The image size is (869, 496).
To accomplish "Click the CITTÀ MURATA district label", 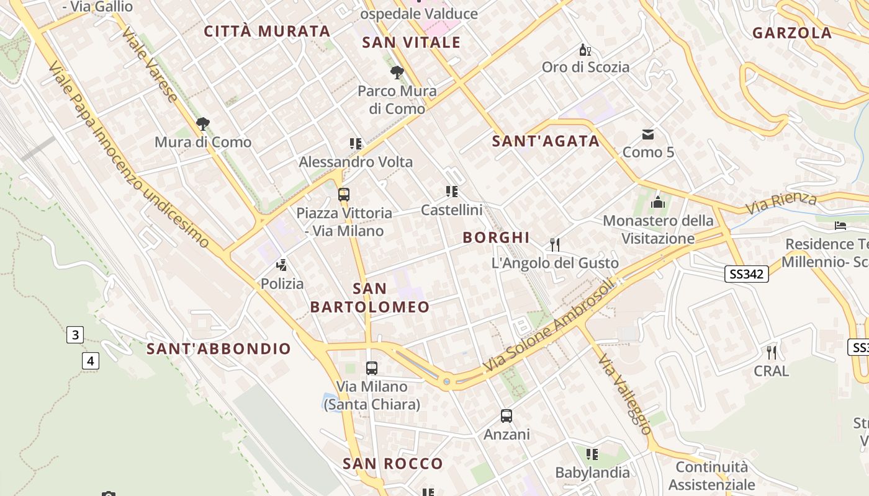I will point(267,31).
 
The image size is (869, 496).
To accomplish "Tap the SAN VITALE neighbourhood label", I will point(412,42).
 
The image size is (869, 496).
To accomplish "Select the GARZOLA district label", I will point(792,33).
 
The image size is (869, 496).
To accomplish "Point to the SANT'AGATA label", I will point(546,141).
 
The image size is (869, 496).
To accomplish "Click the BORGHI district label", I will point(496,237).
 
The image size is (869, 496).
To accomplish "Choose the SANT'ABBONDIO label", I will point(218,348).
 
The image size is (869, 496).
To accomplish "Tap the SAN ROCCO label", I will point(393,463).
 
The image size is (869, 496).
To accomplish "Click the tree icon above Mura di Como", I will point(202,124).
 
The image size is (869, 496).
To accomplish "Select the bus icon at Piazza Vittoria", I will point(344,195).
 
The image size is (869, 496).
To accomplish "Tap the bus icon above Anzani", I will point(507,416).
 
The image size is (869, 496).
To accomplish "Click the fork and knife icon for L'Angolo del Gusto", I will point(555,244).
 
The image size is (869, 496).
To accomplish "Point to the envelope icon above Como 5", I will point(648,134).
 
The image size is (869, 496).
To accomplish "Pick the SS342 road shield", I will point(746,273).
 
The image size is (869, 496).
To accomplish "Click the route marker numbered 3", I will point(75,335).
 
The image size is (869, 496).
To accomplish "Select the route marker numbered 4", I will point(91,360).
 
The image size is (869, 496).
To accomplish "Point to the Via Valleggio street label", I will point(625,394).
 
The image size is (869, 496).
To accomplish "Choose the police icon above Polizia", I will point(282,265).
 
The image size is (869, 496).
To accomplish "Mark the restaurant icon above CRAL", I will point(772,352).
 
